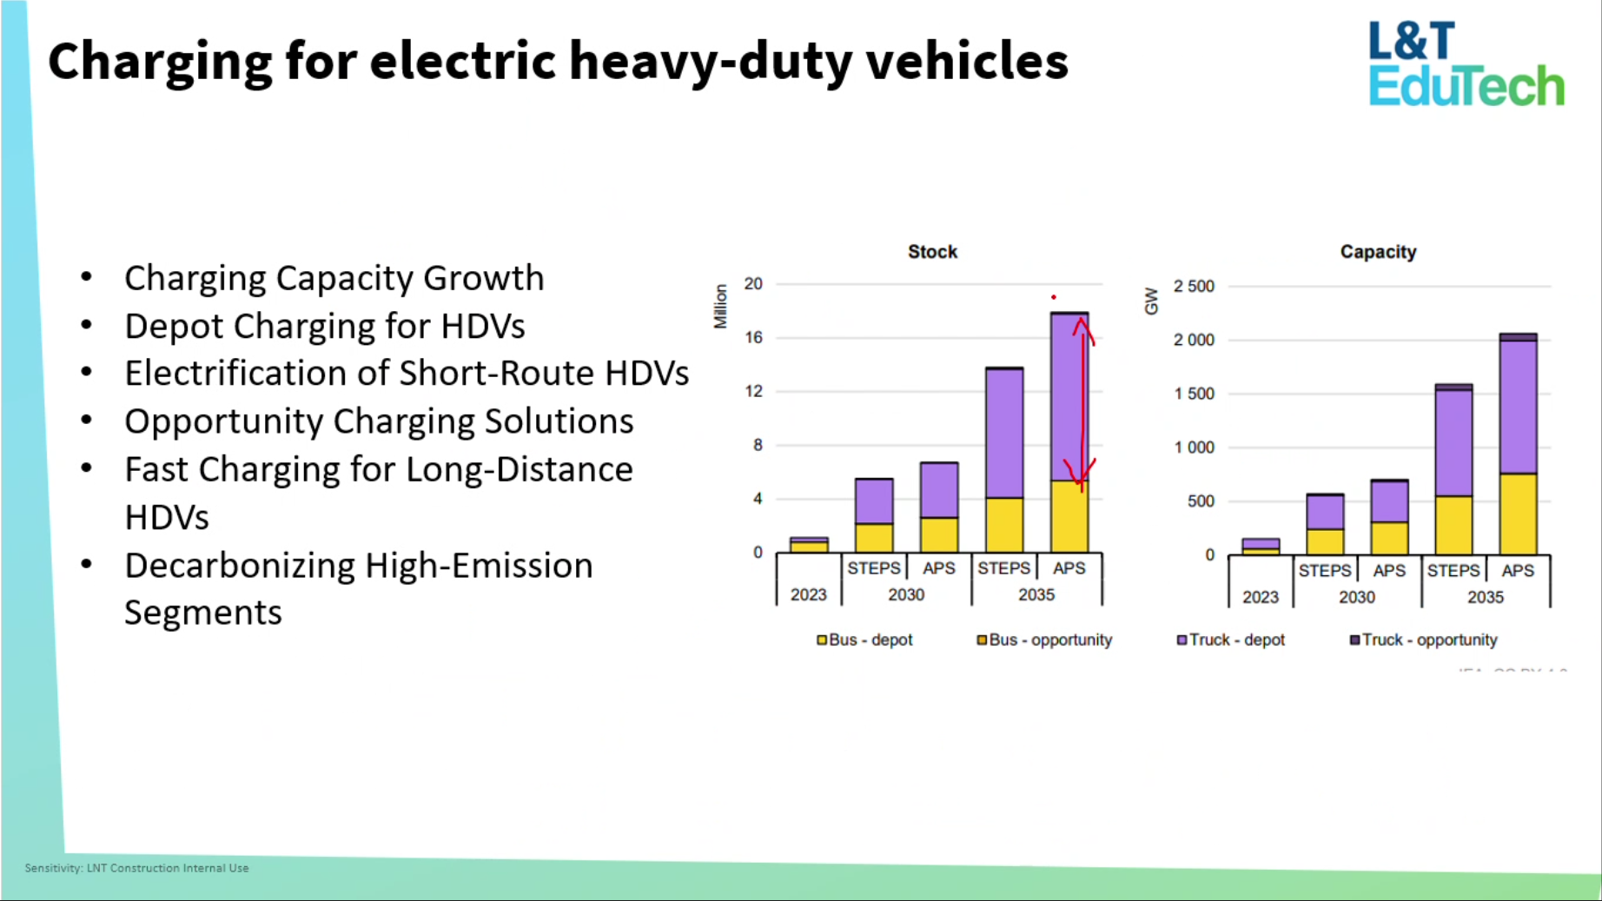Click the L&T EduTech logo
pyautogui.click(x=1466, y=64)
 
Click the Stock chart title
pyautogui.click(x=932, y=252)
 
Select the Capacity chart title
pyautogui.click(x=1378, y=252)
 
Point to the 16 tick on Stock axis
pyautogui.click(x=753, y=337)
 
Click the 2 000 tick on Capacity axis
pyautogui.click(x=1194, y=340)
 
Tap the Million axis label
pyautogui.click(x=720, y=307)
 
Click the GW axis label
pyautogui.click(x=1152, y=301)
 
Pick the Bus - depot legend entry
pyautogui.click(x=864, y=640)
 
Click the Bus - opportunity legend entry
pyautogui.click(x=1044, y=640)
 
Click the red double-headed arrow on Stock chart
pyautogui.click(x=1082, y=404)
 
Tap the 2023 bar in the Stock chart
pyautogui.click(x=809, y=546)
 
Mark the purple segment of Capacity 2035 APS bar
pyautogui.click(x=1518, y=407)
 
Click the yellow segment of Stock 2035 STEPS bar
pyautogui.click(x=1004, y=525)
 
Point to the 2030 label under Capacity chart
pyautogui.click(x=1356, y=597)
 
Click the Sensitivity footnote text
pyautogui.click(x=136, y=868)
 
